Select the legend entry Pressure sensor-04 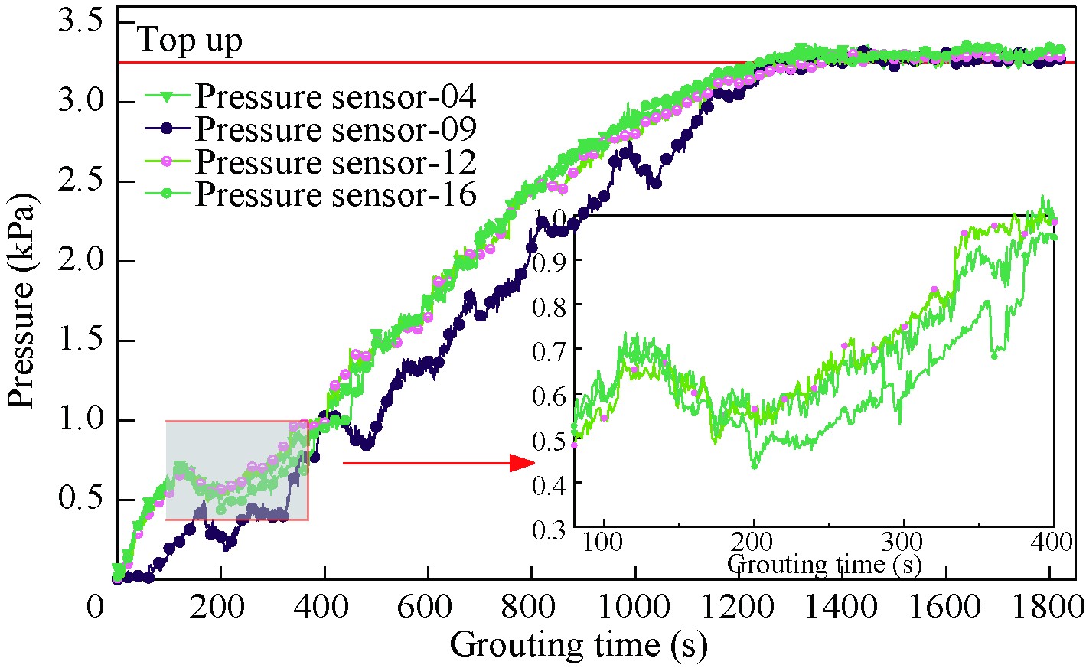335,97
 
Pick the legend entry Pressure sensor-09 335,129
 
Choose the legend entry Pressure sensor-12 335,162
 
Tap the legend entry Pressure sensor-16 335,194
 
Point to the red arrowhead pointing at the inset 522,463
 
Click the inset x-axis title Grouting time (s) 823,564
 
